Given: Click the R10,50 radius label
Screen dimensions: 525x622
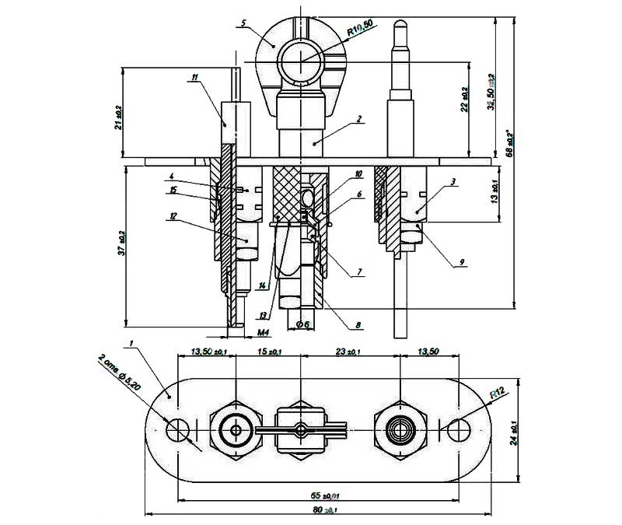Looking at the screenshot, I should pos(361,31).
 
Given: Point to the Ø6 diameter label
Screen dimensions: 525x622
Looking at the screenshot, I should pos(302,324).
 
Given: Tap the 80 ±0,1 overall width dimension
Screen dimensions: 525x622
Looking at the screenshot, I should pos(321,509).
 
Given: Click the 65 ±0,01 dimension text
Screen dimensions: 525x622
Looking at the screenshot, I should pos(321,493).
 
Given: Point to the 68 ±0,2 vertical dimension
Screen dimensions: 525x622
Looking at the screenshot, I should pos(510,145).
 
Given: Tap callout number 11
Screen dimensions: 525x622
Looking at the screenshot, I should pos(194,75).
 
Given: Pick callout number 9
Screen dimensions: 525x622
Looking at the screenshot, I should pos(461,262).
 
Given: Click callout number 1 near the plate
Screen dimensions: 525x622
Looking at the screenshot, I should pos(133,342).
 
